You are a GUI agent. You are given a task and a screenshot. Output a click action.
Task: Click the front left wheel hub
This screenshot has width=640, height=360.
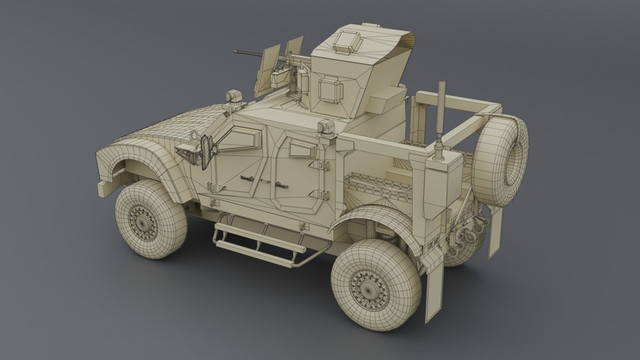coord(144,221)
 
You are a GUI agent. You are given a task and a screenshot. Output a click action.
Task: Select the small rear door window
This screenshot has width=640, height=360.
coord(301,148)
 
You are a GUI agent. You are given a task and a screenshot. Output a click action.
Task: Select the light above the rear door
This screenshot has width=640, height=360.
coord(326,127)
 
